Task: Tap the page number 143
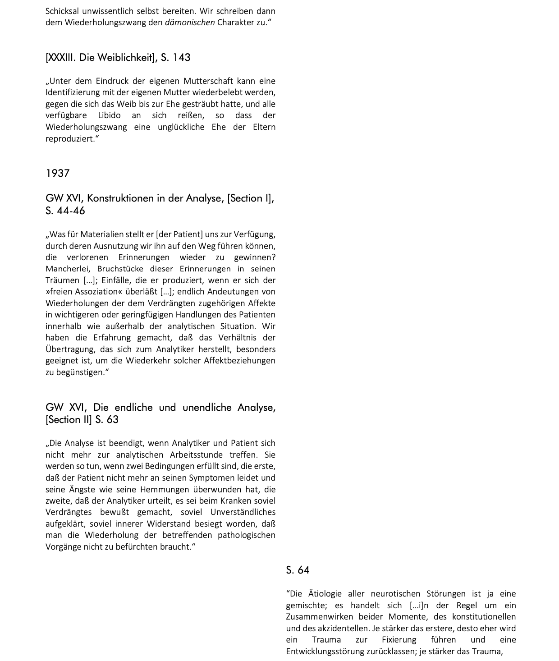click(x=182, y=58)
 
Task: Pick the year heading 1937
click(x=58, y=174)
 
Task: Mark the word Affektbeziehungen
click(x=239, y=361)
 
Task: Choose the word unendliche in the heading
click(x=207, y=408)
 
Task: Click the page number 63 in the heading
click(x=113, y=420)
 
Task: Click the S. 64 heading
click(x=298, y=570)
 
